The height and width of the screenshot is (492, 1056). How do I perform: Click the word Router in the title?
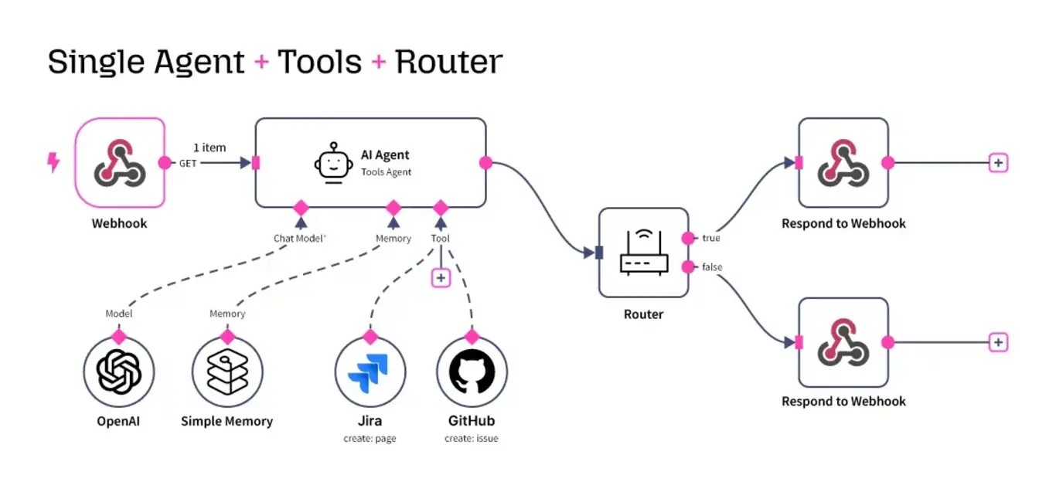pos(448,62)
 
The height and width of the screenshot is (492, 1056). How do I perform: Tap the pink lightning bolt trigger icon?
pos(53,162)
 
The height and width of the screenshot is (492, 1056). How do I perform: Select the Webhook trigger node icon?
pos(120,163)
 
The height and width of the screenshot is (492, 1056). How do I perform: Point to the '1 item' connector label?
pos(209,148)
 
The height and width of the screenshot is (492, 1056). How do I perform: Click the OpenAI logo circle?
pos(119,372)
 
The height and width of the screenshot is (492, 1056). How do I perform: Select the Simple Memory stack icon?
pos(227,372)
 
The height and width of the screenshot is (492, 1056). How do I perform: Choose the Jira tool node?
pos(370,372)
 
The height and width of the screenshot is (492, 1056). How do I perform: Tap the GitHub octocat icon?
pos(472,372)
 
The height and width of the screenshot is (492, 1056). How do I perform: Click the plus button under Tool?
pos(441,277)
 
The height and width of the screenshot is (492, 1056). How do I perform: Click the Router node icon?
pos(643,253)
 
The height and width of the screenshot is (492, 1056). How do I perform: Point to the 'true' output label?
pos(710,239)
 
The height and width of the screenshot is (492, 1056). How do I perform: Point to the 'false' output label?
pos(712,267)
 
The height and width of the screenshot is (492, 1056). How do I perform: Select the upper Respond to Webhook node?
pos(843,163)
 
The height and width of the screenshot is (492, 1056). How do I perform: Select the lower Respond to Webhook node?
pos(843,342)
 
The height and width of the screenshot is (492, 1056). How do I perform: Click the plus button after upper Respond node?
pos(999,163)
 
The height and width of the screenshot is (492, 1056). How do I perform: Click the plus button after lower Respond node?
pos(999,342)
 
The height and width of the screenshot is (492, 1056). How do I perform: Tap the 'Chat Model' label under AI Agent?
pos(299,239)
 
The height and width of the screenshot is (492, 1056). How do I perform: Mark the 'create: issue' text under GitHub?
pos(472,439)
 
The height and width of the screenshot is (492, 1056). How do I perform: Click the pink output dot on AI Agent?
pos(485,163)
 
